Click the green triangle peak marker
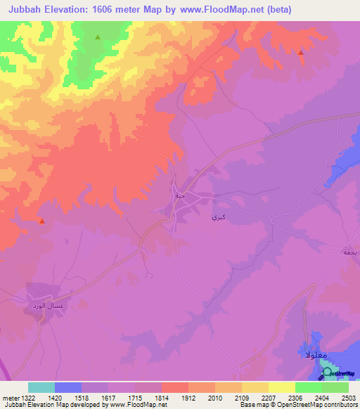98,37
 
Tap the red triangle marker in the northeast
300,52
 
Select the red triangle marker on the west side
42,221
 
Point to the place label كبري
217,219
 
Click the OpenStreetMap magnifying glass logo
327,372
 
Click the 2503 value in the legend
348,398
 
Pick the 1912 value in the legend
189,398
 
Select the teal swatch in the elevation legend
41,387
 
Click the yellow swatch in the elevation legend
281,387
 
